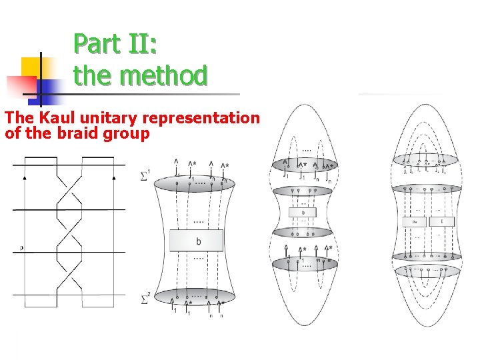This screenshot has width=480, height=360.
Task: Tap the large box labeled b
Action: coord(198,241)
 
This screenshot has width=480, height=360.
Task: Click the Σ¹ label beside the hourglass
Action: coord(145,176)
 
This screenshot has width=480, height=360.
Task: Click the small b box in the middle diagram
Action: coord(303,213)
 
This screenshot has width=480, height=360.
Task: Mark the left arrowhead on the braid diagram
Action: coord(25,178)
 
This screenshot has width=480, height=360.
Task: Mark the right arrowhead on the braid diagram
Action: coord(115,178)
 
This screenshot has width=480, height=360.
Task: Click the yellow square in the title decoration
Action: coord(31,67)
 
